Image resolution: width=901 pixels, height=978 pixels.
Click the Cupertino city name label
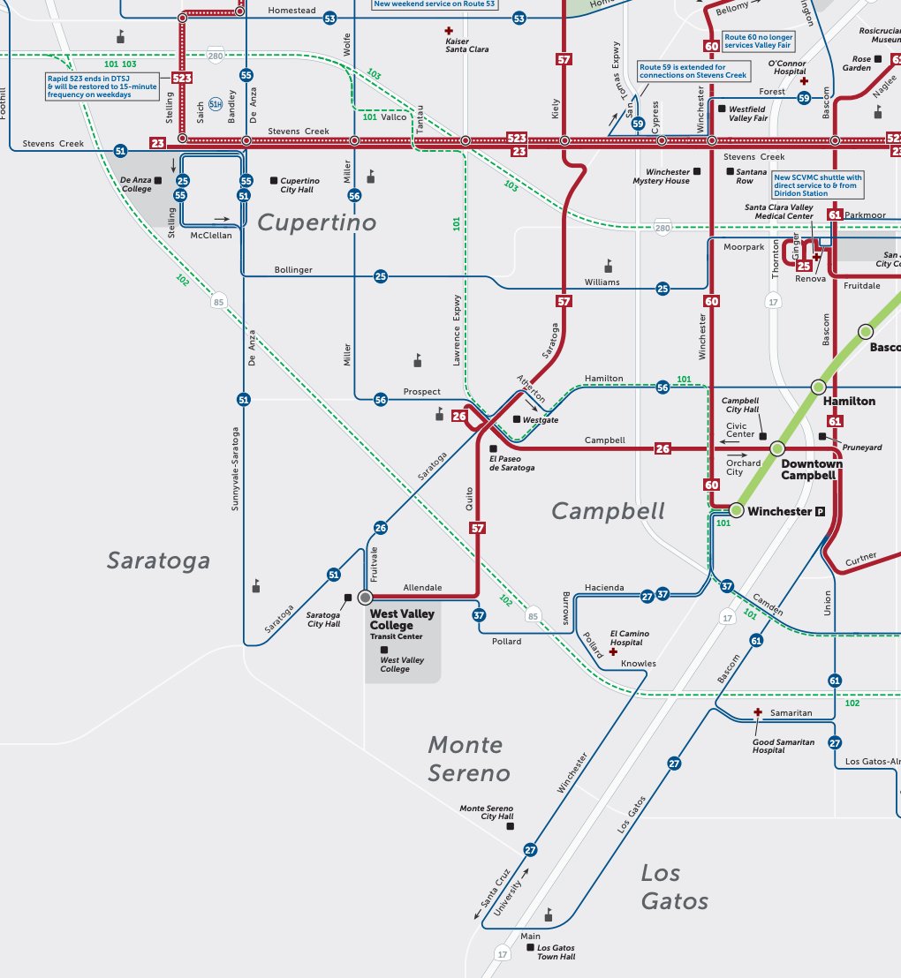click(316, 222)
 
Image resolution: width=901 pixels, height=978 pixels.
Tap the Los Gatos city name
click(675, 886)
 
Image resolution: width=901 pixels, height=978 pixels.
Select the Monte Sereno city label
click(469, 759)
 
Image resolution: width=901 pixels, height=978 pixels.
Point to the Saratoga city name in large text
click(158, 560)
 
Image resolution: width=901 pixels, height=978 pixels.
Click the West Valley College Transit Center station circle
click(365, 598)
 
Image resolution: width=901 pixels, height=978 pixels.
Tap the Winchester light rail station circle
click(736, 510)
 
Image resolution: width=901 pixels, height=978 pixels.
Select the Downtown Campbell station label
click(811, 470)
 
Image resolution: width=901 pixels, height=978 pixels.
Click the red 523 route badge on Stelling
click(182, 79)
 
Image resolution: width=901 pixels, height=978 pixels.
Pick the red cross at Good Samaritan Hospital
click(757, 712)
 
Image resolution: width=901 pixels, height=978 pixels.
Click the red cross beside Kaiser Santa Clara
click(448, 31)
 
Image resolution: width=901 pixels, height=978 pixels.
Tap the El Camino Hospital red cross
click(613, 651)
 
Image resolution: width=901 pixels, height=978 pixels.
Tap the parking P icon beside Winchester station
click(820, 511)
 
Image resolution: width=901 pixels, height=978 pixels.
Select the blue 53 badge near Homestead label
click(329, 18)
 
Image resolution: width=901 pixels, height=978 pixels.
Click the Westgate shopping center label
click(540, 420)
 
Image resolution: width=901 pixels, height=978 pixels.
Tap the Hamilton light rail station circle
click(819, 386)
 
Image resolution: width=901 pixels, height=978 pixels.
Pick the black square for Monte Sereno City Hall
click(521, 817)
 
